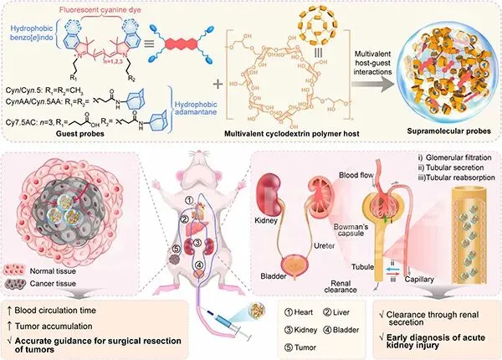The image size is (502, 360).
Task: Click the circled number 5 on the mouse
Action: [175, 247]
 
